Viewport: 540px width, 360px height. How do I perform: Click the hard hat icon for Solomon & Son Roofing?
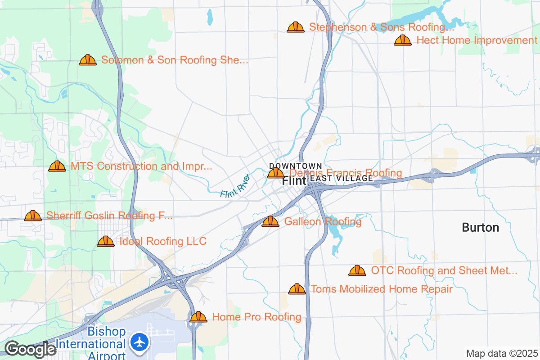[x=88, y=60]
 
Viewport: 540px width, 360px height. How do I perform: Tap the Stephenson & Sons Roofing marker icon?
[x=296, y=27]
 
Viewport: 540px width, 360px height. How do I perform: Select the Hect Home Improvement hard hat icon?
[x=403, y=40]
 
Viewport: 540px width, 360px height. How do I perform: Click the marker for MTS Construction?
[x=57, y=166]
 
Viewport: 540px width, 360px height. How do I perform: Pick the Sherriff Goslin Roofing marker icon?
[x=33, y=216]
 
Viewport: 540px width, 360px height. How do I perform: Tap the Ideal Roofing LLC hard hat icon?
[x=106, y=242]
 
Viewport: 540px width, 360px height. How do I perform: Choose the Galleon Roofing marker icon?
[x=270, y=221]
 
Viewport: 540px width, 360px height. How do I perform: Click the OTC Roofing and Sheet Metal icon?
[x=357, y=270]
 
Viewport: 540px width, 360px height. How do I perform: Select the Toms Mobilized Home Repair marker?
[x=297, y=289]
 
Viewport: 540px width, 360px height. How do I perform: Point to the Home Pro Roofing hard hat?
[x=198, y=317]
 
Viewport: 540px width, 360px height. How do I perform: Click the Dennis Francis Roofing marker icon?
[x=275, y=173]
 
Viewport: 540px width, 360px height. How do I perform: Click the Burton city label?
[x=480, y=228]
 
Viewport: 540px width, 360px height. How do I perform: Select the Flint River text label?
[x=235, y=185]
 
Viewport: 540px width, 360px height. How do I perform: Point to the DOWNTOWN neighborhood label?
[x=296, y=166]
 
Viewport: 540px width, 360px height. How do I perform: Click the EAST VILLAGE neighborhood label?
[x=342, y=179]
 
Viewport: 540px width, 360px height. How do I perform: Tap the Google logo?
[x=31, y=349]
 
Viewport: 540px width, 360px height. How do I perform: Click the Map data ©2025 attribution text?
[x=502, y=354]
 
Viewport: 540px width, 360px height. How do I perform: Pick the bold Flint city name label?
[x=294, y=181]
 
